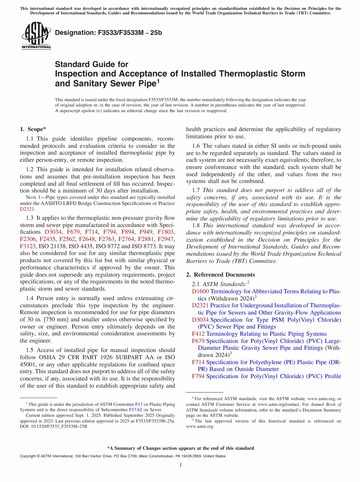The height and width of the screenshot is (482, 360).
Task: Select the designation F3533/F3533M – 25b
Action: (108, 33)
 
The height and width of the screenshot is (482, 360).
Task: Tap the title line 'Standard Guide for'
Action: (92, 64)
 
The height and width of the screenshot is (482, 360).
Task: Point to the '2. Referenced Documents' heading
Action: (220, 274)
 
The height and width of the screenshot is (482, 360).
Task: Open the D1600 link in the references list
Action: (200, 291)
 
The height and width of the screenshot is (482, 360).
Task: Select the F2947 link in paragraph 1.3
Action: (166, 239)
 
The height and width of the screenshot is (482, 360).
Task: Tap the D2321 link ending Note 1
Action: (27, 209)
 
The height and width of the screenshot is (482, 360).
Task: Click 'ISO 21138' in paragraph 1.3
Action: (53, 246)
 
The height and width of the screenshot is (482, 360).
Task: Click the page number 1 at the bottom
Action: (181, 465)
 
